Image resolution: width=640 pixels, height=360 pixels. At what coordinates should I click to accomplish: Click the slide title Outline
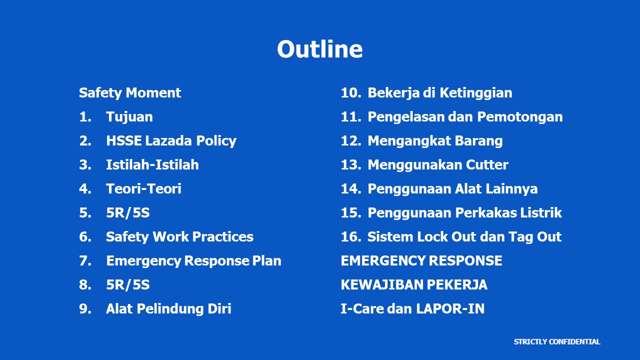(x=319, y=49)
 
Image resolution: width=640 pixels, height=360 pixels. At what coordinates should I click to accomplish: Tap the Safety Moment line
(x=130, y=93)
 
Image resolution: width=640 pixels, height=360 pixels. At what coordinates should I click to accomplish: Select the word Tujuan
(x=129, y=117)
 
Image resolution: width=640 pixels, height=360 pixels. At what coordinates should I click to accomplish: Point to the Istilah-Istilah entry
(x=152, y=165)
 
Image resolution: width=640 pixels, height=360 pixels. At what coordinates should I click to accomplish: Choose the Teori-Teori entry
(x=143, y=189)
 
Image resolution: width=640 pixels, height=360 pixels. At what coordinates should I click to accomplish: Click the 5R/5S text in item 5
(x=127, y=213)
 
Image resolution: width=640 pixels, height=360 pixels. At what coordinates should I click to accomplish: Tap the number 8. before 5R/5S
(x=85, y=285)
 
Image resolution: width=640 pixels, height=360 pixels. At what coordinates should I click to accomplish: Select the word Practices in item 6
(x=223, y=237)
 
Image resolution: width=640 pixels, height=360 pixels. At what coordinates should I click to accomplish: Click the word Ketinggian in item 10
(x=475, y=93)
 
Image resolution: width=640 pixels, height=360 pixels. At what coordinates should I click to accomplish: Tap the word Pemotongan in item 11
(x=520, y=117)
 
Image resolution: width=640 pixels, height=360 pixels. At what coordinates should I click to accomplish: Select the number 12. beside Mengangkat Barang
(x=351, y=141)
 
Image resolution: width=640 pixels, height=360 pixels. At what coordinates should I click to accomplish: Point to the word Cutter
(x=487, y=165)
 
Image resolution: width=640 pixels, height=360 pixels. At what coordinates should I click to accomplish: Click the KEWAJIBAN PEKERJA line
(x=414, y=285)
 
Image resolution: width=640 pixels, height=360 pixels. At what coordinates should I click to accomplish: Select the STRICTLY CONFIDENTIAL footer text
(x=557, y=341)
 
